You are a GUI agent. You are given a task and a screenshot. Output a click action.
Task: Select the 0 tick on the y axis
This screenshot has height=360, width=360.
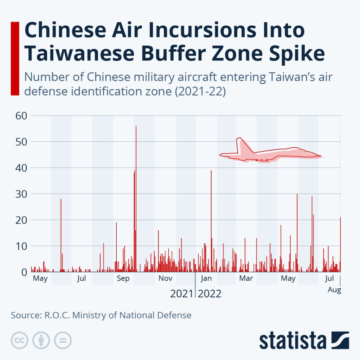(25, 272)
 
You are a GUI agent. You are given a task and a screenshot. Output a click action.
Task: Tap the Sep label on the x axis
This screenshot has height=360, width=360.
(123, 279)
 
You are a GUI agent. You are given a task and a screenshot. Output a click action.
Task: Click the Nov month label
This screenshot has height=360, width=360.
(165, 279)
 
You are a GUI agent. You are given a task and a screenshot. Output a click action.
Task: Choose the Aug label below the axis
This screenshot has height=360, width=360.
(334, 290)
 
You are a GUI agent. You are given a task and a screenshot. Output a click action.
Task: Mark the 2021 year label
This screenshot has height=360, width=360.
(181, 294)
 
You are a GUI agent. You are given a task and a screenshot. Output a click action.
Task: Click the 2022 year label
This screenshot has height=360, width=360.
(210, 294)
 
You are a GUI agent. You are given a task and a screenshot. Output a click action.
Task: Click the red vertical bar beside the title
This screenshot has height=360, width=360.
(15, 58)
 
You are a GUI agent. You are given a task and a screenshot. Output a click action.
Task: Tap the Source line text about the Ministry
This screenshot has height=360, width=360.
(101, 315)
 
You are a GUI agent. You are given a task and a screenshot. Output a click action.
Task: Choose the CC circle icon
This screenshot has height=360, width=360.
(20, 340)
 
